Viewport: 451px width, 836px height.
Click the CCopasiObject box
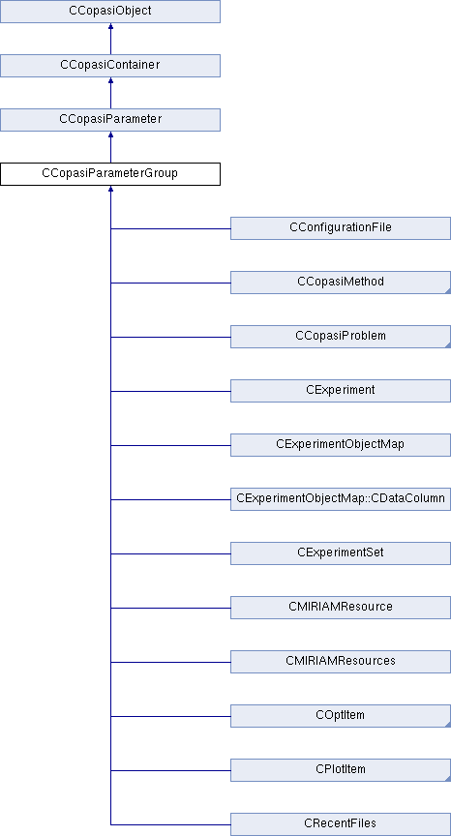click(x=110, y=12)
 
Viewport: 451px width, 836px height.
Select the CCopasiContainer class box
click(x=110, y=66)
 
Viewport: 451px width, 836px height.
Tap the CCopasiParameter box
click(x=110, y=119)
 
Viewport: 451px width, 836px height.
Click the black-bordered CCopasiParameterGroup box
click(x=110, y=174)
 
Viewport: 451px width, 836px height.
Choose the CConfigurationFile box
click(x=341, y=228)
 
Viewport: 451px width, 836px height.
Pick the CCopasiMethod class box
click(x=341, y=282)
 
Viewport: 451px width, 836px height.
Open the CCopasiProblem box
click(x=341, y=337)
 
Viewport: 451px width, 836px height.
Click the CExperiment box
click(x=341, y=391)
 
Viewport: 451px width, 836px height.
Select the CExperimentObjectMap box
click(x=341, y=445)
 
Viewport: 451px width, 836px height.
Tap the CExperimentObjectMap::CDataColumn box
click(x=341, y=499)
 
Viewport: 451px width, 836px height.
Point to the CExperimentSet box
click(x=341, y=553)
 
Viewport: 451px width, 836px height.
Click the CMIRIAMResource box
click(x=341, y=608)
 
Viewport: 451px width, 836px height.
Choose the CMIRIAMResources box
click(x=341, y=662)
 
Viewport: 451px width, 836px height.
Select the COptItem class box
click(x=341, y=716)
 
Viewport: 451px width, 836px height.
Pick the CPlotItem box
click(x=341, y=770)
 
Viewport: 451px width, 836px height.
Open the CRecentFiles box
click(x=341, y=824)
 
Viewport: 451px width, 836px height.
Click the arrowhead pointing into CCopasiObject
click(x=110, y=26)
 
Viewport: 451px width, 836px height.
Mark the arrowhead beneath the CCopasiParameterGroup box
click(x=110, y=189)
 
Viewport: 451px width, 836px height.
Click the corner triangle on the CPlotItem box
click(x=448, y=778)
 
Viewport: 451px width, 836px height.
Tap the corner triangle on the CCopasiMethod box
click(x=448, y=290)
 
